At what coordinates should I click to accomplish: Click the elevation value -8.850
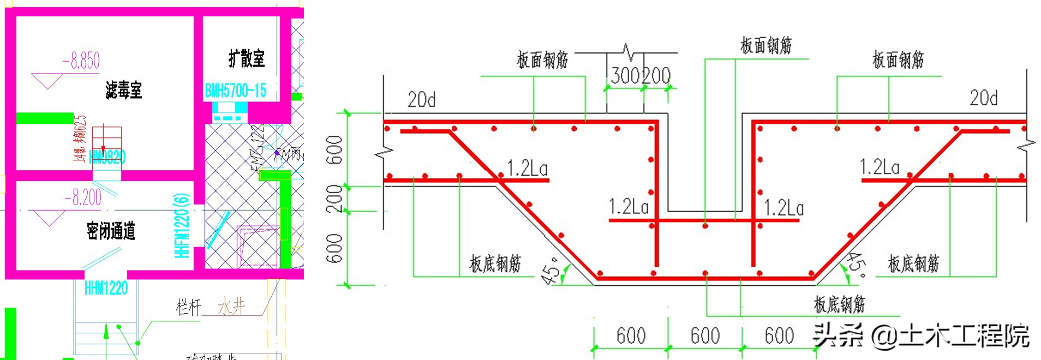click(82, 61)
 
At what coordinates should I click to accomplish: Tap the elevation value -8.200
click(83, 197)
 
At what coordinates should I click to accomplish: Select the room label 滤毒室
click(124, 90)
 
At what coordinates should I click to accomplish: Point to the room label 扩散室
click(247, 58)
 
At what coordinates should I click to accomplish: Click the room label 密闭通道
click(111, 231)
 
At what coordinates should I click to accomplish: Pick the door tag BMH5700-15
click(236, 91)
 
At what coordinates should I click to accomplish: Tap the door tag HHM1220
click(106, 288)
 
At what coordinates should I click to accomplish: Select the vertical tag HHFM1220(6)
click(182, 225)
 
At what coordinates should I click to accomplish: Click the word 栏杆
click(188, 307)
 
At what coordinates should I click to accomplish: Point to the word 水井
click(231, 307)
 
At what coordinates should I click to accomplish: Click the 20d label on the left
click(421, 100)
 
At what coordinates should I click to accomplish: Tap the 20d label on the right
click(983, 98)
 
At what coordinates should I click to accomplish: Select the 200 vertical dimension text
click(334, 199)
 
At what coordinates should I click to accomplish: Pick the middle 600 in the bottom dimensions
click(705, 336)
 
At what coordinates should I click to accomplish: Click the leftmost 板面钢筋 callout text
click(542, 60)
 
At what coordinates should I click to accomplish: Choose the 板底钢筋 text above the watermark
click(839, 304)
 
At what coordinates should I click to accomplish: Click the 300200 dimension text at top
click(641, 76)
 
